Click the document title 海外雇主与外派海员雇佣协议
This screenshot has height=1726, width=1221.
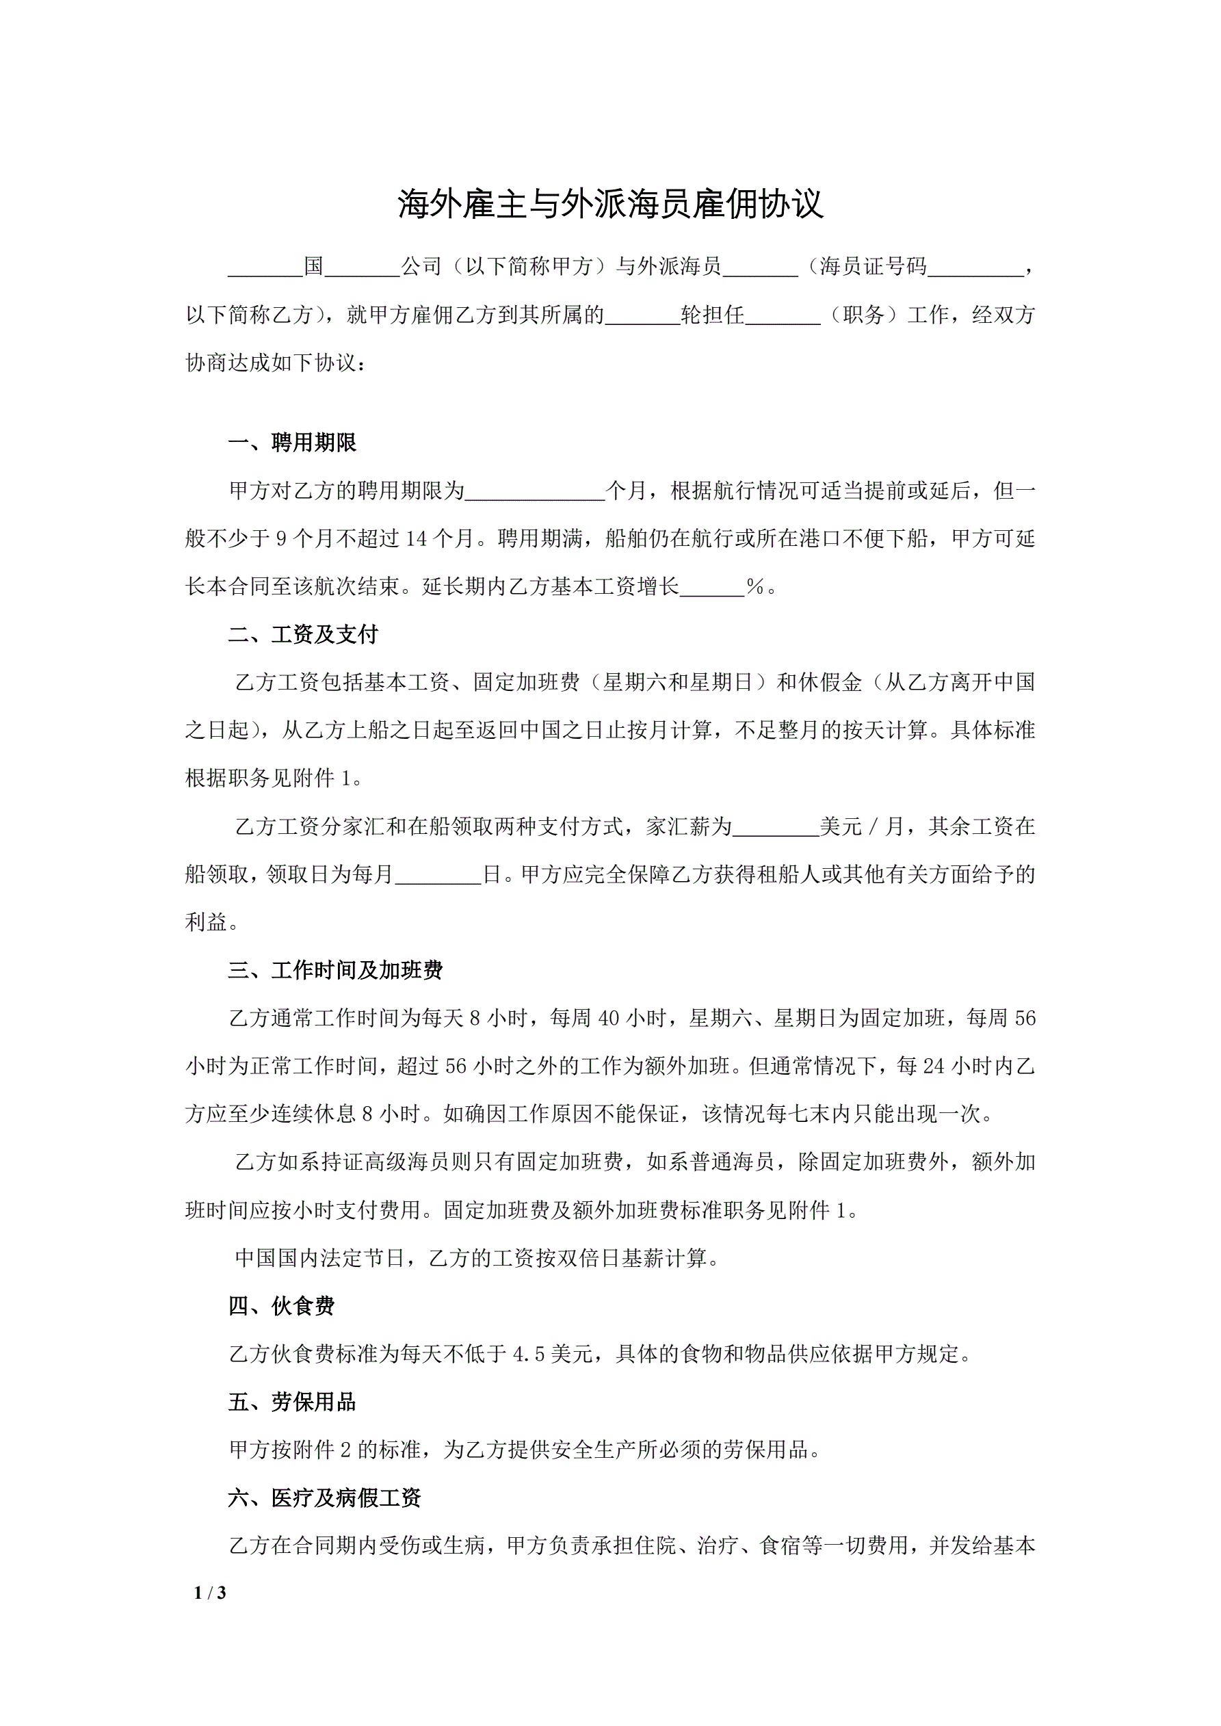click(609, 205)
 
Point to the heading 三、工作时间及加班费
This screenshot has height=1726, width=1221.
click(335, 971)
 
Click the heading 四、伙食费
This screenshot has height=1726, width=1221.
click(281, 1307)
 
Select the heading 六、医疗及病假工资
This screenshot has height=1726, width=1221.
click(324, 1498)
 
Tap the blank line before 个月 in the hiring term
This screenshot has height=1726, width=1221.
click(534, 493)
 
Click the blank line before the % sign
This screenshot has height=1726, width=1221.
click(711, 588)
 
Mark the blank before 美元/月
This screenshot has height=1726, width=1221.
click(775, 828)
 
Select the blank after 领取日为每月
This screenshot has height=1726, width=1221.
click(438, 876)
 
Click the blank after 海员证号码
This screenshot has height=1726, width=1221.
click(975, 267)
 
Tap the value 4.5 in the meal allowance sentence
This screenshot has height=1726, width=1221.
click(528, 1355)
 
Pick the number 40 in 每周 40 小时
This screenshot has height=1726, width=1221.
click(607, 1019)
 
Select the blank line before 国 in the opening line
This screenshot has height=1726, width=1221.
click(265, 267)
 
